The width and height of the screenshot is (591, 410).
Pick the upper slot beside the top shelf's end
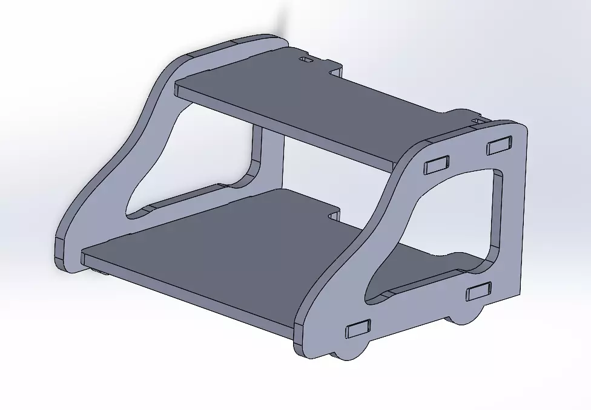coord(437,164)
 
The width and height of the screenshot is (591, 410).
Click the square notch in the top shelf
coord(335,72)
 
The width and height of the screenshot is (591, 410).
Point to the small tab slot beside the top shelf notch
coord(306,61)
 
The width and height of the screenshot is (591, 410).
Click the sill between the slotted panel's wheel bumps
coord(412,330)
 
